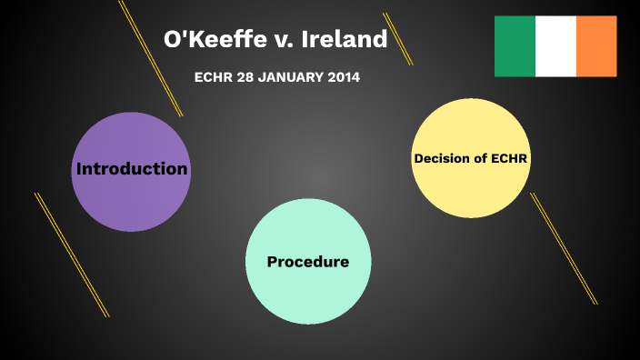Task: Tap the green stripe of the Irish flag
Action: pos(515,46)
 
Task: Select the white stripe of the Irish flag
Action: pos(555,46)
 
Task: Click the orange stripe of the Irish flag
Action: pos(596,46)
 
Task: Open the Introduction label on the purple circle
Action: pos(132,169)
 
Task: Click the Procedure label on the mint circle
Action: pos(307,262)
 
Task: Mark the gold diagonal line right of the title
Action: pos(397,39)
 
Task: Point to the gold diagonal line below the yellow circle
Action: pos(564,248)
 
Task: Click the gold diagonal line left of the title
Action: pos(151,58)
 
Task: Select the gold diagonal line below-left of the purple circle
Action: pos(72,255)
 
